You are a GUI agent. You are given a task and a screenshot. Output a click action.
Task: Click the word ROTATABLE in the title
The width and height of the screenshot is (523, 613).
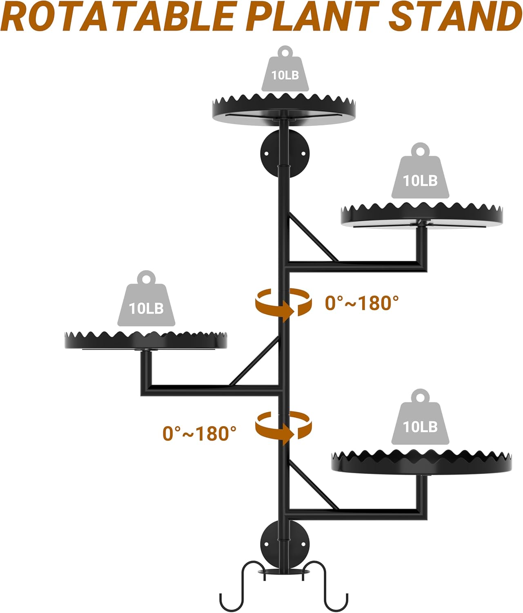pyautogui.click(x=118, y=17)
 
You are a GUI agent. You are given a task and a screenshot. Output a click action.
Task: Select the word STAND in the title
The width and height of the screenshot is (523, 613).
pyautogui.click(x=453, y=17)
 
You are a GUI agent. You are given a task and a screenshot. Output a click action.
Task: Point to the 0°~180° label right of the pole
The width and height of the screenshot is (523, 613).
pyautogui.click(x=362, y=303)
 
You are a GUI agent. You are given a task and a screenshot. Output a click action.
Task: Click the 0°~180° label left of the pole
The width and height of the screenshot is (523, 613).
pyautogui.click(x=200, y=433)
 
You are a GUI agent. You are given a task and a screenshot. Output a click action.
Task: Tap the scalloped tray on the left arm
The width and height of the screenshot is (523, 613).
pyautogui.click(x=146, y=341)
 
